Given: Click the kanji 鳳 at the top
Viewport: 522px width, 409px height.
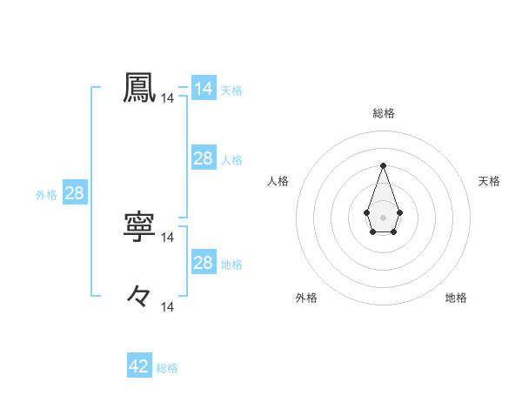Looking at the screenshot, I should coord(140,88).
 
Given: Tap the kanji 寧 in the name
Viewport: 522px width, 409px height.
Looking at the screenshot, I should coord(140,226).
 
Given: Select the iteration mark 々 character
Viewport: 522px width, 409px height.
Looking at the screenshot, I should coord(140,296).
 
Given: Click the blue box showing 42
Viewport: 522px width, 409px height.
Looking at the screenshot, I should coord(139,366).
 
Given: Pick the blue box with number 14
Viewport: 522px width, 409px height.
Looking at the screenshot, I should coord(204,89).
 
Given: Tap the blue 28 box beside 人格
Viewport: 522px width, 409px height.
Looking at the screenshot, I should coord(204,158).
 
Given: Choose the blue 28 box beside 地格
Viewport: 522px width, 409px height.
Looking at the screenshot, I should coord(204,263).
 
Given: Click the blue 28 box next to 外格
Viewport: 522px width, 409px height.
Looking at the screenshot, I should coord(74,193).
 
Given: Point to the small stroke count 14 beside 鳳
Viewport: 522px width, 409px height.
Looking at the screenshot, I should coord(168,99).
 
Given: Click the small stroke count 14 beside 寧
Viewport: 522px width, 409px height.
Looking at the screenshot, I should coord(168,237).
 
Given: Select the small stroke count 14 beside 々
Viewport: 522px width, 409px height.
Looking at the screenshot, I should coord(168,306).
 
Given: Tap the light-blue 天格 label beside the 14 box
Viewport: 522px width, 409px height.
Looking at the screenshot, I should coord(231,90).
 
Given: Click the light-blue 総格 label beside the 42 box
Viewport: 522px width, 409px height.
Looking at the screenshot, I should coord(167,368).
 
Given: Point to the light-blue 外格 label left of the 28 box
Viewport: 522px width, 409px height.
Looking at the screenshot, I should coord(46,195).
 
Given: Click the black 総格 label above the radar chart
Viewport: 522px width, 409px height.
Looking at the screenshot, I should coord(384,112).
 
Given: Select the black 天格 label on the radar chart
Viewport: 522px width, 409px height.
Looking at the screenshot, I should coord(490,181).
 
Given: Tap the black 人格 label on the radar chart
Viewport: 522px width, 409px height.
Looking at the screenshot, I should coord(278,181).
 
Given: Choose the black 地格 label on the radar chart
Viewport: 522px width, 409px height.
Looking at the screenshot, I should coord(456,298).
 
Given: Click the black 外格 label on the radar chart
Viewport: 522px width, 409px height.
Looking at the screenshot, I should coord(306,298).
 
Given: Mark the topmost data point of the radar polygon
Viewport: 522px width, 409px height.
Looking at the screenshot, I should coord(383,165).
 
